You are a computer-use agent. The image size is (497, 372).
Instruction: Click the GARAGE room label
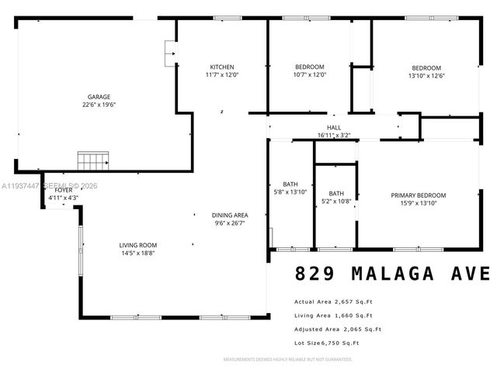[98, 97]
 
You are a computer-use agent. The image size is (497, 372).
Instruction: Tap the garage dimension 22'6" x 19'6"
[98, 105]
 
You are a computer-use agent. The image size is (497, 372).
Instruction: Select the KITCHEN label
[221, 67]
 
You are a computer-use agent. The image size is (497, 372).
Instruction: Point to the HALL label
[333, 127]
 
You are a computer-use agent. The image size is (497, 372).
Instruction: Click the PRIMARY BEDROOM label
[419, 195]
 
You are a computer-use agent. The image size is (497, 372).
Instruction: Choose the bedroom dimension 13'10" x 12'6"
[426, 76]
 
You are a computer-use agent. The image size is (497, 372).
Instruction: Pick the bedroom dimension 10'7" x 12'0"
[309, 75]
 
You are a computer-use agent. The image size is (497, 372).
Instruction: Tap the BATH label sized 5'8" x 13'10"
[290, 184]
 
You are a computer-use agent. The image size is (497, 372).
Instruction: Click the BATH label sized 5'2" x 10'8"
[336, 194]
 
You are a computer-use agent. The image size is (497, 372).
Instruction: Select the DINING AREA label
[230, 215]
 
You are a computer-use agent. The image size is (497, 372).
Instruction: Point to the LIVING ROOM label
[138, 245]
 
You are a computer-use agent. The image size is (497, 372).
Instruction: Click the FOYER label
[63, 190]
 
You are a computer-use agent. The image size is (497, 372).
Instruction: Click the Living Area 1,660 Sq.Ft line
[333, 315]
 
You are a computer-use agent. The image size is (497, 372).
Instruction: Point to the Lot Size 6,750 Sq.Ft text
[326, 343]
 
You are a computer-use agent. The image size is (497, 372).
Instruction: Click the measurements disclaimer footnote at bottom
[287, 360]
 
